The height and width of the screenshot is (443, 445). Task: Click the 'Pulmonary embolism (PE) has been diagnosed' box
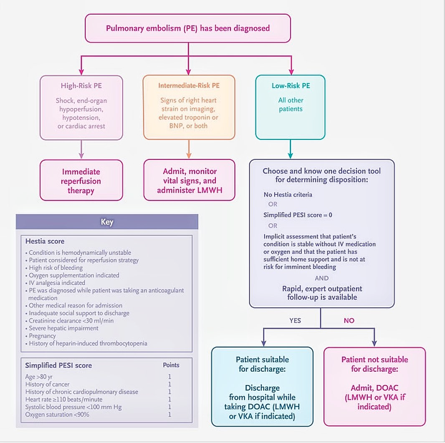click(x=187, y=28)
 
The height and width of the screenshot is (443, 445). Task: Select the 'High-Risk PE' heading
click(x=81, y=86)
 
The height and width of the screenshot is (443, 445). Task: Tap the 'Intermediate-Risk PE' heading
click(x=189, y=86)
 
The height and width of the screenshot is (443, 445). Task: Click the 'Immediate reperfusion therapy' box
click(x=81, y=181)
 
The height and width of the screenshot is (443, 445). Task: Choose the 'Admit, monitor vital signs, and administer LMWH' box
click(x=189, y=181)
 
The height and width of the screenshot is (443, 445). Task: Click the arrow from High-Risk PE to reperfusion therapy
click(x=81, y=149)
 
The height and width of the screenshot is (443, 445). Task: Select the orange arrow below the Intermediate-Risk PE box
click(x=189, y=149)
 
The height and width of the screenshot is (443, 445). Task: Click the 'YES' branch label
click(x=295, y=321)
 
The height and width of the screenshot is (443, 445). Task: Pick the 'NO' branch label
click(x=349, y=321)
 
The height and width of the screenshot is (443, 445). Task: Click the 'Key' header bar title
click(x=107, y=222)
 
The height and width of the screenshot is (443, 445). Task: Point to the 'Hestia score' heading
click(x=45, y=242)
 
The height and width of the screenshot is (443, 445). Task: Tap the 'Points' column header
click(x=171, y=365)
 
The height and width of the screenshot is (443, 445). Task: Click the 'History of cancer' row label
click(x=47, y=384)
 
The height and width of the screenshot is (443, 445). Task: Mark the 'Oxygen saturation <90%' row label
click(x=57, y=414)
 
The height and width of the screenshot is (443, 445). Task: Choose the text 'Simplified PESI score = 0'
click(x=298, y=215)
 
